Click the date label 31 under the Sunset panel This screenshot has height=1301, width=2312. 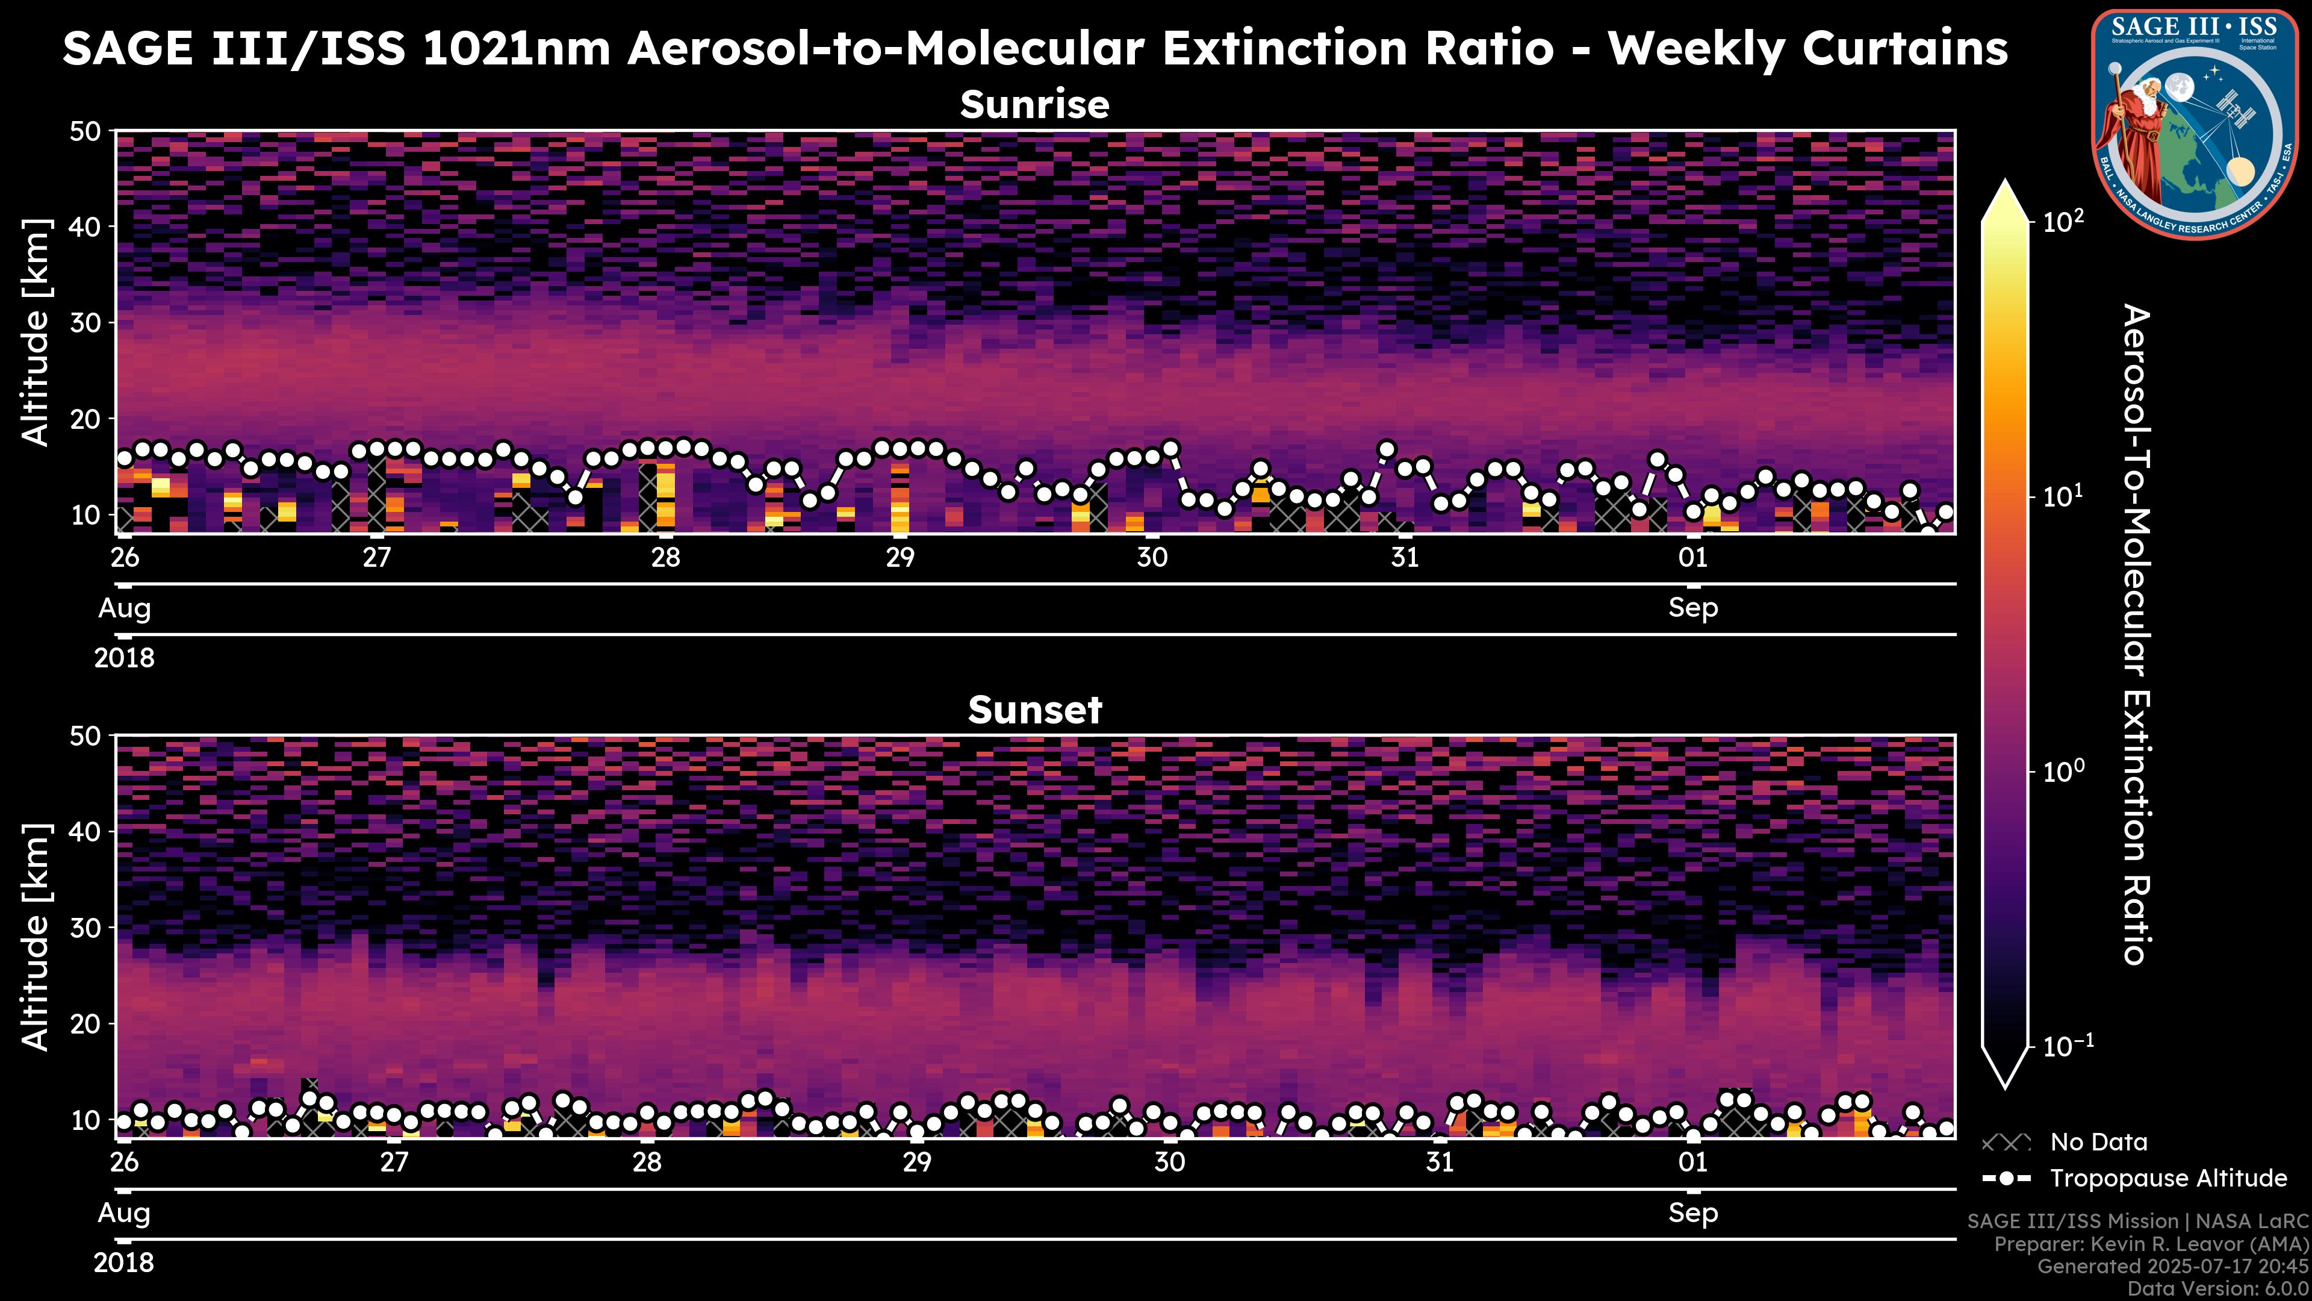point(1440,1162)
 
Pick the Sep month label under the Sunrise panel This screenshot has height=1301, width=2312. point(1692,608)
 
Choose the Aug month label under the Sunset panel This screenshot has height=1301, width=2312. point(124,1213)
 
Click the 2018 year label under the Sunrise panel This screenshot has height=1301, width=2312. point(124,658)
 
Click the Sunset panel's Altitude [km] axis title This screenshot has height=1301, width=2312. point(36,937)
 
